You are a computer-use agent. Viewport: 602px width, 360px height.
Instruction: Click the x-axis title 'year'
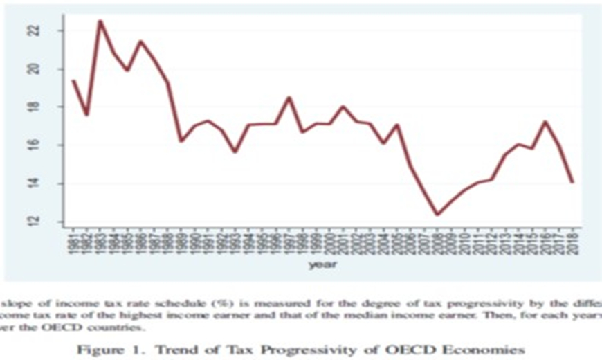pos(322,263)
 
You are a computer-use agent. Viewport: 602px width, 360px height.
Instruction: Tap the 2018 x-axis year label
pos(573,240)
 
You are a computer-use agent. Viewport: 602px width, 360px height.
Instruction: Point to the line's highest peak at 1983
pos(100,21)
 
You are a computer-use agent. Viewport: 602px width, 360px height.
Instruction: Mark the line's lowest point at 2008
pos(437,215)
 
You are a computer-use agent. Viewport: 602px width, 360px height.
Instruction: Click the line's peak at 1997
pos(289,98)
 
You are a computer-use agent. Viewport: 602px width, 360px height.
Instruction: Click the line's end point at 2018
pos(573,182)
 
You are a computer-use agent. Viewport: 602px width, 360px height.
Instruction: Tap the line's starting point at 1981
pos(73,81)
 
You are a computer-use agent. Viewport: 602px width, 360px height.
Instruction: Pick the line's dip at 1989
pos(181,141)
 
